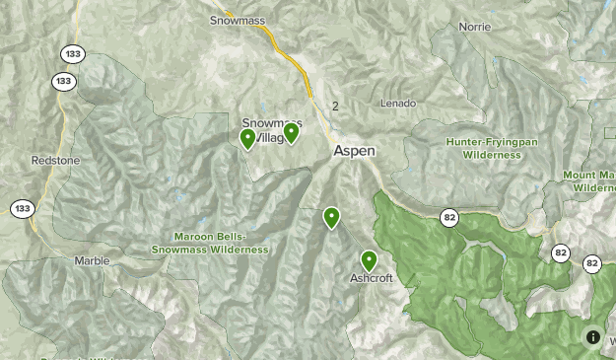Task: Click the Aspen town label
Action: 354,151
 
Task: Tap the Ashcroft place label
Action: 372,278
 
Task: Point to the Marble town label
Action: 93,261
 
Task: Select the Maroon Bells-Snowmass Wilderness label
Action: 209,244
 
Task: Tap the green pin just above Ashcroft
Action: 369,260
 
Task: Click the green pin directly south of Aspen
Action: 331,217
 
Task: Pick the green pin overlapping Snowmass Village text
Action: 291,132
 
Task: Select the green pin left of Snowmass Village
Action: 248,138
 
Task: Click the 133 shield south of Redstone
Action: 22,208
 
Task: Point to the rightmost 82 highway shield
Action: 592,263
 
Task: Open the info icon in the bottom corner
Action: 593,337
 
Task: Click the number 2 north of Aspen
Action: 335,107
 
